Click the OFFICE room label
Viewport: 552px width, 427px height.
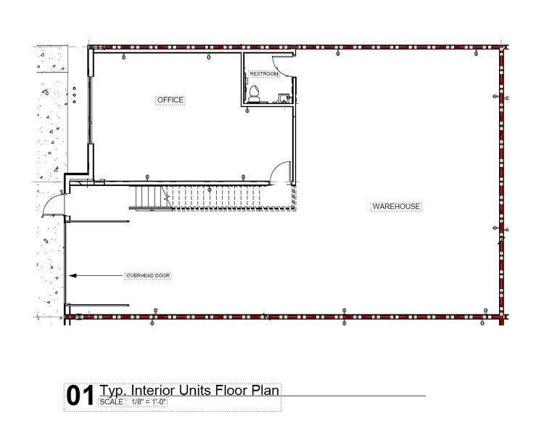pos(170,100)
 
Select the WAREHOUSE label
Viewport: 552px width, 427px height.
pos(396,206)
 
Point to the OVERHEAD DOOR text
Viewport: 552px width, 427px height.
pos(147,276)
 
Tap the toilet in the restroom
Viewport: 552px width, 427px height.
pos(255,94)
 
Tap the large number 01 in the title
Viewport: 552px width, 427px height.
pos(80,396)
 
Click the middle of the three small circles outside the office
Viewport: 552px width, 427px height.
pos(73,95)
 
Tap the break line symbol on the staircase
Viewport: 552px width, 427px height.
pos(166,195)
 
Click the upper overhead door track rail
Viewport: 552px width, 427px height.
pos(98,221)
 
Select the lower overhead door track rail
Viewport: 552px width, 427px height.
pos(98,305)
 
